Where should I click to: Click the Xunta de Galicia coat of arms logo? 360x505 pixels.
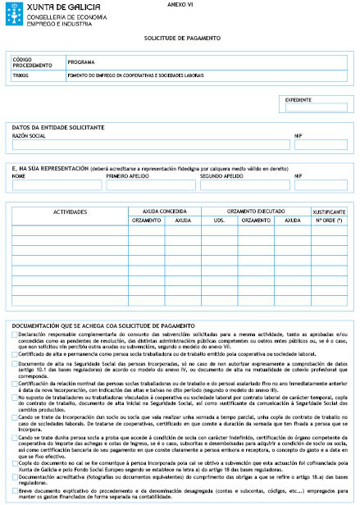click(x=15, y=12)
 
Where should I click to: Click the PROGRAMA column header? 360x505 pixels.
click(x=82, y=62)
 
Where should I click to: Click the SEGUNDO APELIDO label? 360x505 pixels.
click(x=222, y=175)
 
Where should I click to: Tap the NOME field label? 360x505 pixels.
click(x=19, y=175)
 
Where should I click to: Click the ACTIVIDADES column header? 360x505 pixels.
click(x=70, y=212)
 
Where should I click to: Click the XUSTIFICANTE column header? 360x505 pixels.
click(x=328, y=210)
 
